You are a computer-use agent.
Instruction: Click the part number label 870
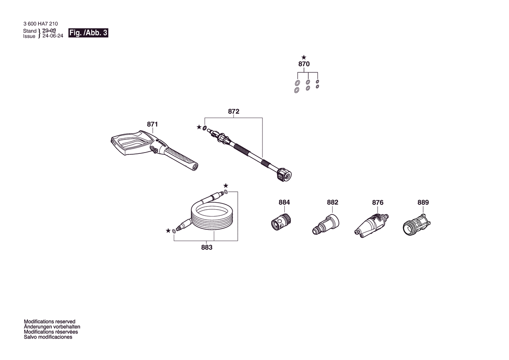point(304,64)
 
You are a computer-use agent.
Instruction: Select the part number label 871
point(152,124)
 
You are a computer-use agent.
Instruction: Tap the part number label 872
point(233,112)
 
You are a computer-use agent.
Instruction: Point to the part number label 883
point(207,247)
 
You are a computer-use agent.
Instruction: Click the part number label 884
point(284,202)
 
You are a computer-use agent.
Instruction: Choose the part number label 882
point(332,202)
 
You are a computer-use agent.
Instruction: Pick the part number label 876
point(378,202)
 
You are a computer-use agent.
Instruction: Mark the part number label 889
point(423,202)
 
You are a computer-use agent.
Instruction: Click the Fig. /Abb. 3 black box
point(88,33)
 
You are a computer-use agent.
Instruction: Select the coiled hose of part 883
point(211,216)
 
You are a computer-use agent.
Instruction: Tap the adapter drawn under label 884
point(281,221)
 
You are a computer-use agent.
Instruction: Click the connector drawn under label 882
point(326,224)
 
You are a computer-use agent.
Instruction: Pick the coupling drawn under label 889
point(417,224)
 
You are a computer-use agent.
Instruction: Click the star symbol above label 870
point(303,58)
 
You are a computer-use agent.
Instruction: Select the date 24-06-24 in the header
point(53,36)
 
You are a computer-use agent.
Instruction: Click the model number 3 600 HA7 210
point(40,24)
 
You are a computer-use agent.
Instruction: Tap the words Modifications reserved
point(50,322)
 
